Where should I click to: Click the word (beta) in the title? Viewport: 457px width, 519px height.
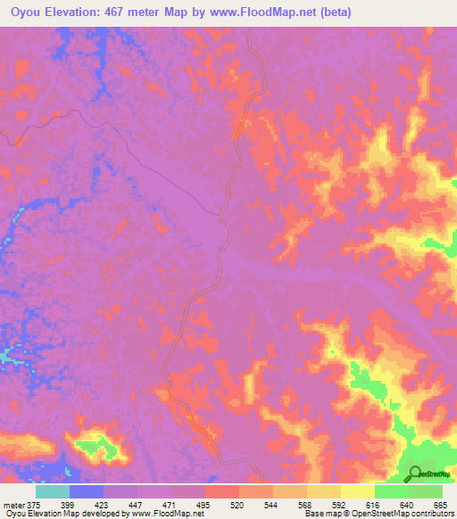(332, 12)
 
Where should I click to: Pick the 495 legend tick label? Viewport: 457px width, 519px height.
(205, 505)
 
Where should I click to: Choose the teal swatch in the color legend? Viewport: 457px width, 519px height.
(53, 491)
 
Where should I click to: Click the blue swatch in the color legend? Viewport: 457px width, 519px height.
(87, 491)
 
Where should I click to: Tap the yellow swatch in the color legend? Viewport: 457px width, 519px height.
(357, 491)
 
